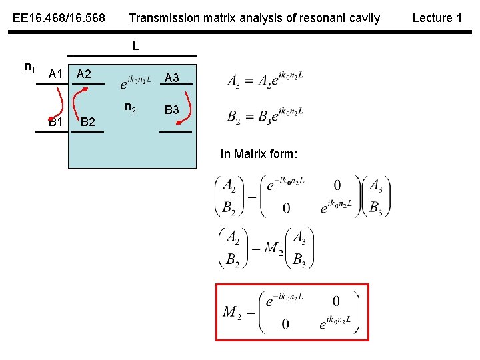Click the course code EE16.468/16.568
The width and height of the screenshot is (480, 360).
point(59,18)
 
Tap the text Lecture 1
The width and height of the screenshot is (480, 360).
point(437,18)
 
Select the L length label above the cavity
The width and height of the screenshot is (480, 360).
point(135,46)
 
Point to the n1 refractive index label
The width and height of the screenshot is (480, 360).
point(30,67)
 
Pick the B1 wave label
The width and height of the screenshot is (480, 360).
point(56,122)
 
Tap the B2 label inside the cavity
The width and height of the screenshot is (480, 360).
point(87,122)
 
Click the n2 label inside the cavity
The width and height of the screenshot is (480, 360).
point(131,108)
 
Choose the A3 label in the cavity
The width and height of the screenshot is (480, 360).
point(171,79)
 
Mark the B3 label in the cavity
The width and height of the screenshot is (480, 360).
point(171,109)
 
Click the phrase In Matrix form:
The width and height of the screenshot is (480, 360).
point(259,155)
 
